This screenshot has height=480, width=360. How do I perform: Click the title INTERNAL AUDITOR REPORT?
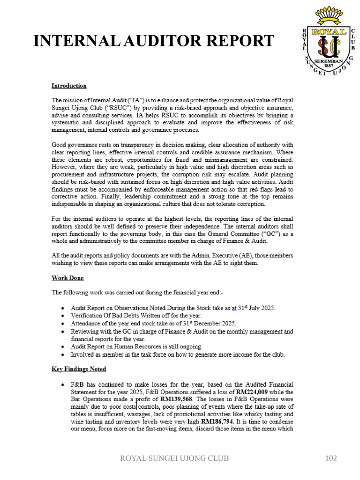pyautogui.click(x=153, y=41)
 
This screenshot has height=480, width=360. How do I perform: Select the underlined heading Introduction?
pyautogui.click(x=69, y=86)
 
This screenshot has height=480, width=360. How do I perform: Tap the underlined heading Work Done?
pyautogui.click(x=67, y=278)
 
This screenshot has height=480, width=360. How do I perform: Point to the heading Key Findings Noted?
pyautogui.click(x=79, y=369)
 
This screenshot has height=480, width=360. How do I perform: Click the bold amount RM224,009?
pyautogui.click(x=252, y=391)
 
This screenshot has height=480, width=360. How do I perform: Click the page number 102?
pyautogui.click(x=331, y=458)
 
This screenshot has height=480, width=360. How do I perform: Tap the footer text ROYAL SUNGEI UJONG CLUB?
pyautogui.click(x=175, y=458)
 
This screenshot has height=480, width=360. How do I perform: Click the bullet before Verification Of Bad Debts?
pyautogui.click(x=63, y=316)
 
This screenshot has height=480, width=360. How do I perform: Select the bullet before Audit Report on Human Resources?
pyautogui.click(x=63, y=347)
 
